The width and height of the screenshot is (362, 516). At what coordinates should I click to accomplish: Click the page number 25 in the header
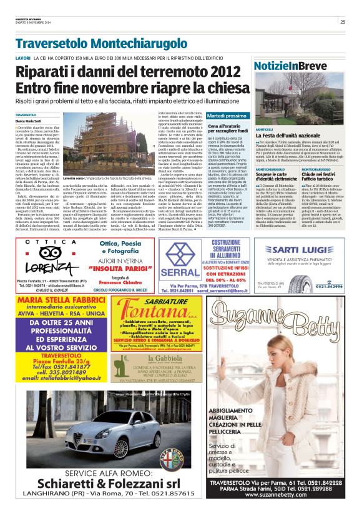343,22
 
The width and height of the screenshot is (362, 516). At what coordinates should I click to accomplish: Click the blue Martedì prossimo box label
227,116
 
